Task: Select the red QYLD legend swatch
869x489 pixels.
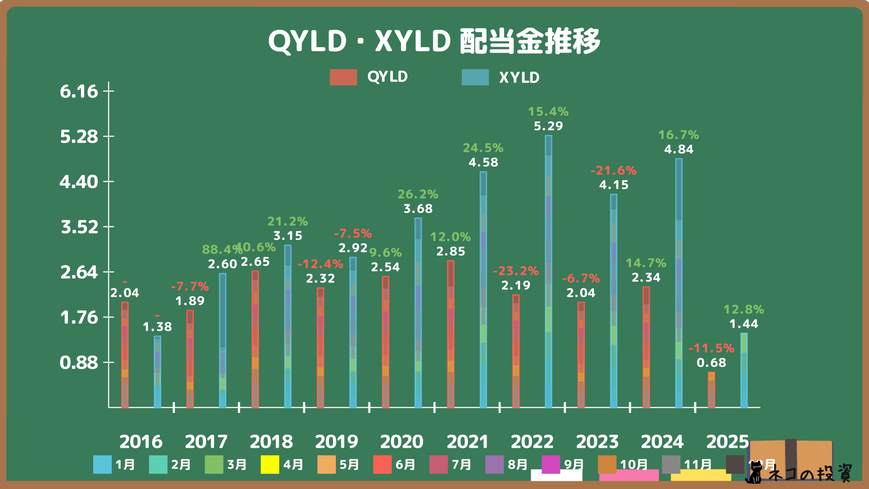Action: point(343,77)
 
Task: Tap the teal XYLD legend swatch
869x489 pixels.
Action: point(475,77)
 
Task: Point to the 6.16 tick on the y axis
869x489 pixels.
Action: point(79,91)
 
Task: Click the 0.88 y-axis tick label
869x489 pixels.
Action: point(79,363)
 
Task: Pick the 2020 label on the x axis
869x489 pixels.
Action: point(401,441)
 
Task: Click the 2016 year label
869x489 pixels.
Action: point(141,441)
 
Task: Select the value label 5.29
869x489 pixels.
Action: point(548,126)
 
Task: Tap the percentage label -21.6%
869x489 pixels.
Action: point(613,171)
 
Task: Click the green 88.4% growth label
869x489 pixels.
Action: point(221,249)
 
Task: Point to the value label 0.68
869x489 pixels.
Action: point(711,363)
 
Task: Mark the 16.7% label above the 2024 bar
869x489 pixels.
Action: point(678,135)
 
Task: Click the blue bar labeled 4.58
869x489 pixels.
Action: point(483,290)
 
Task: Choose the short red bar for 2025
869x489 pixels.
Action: point(711,390)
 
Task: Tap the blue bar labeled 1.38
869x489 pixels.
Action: point(158,372)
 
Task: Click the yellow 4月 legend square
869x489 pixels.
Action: point(270,465)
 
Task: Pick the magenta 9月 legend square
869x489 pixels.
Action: point(550,465)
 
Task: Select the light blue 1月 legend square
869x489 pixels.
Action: point(102,465)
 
